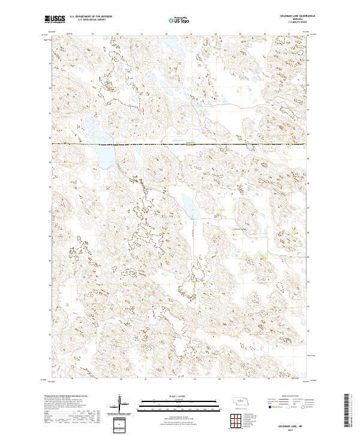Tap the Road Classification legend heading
(290, 397)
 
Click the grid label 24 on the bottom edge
(220, 379)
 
